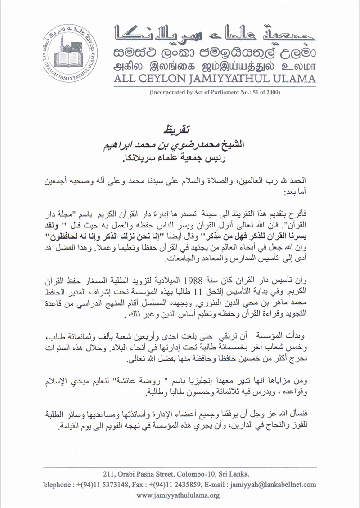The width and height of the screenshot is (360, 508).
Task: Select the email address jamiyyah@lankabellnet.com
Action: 273,485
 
